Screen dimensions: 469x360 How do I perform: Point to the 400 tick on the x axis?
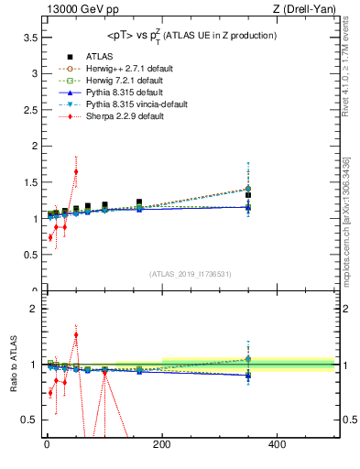click(278, 445)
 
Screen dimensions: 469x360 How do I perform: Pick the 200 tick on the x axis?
click(162, 445)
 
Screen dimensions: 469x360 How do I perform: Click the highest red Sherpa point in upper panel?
click(76, 171)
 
